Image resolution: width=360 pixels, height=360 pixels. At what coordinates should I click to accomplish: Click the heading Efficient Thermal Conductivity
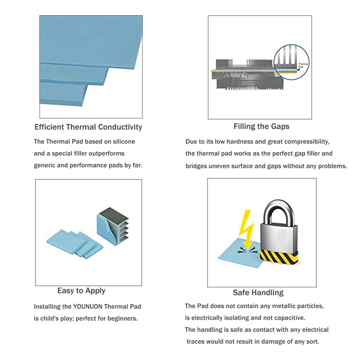[88, 127]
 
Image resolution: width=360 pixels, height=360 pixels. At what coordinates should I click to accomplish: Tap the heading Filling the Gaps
[261, 126]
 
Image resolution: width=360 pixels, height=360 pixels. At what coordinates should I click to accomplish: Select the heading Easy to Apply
[81, 291]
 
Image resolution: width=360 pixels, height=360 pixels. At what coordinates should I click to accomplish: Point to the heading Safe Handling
[258, 292]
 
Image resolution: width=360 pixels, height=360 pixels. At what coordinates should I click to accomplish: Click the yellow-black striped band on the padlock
[279, 257]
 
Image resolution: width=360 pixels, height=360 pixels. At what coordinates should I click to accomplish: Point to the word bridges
[197, 166]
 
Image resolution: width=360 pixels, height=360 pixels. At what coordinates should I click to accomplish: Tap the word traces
[196, 342]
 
